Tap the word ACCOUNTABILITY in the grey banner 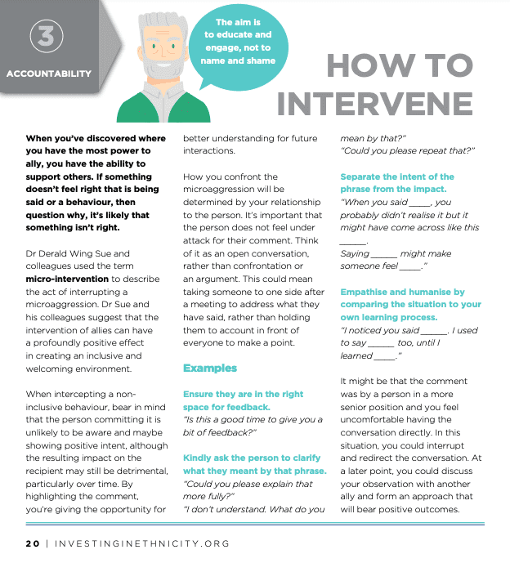49,74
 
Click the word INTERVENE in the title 375,104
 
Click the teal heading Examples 210,368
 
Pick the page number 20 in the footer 32,543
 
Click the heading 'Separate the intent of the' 397,177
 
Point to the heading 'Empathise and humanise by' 402,292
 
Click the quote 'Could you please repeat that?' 407,150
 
